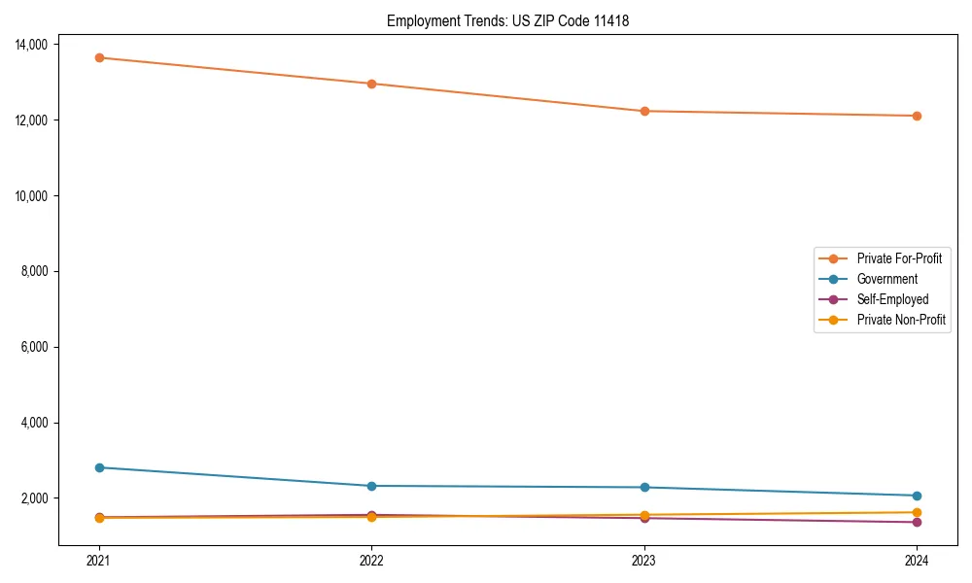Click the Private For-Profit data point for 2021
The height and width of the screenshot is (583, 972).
[x=99, y=57]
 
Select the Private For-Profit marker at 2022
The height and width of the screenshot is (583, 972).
[x=371, y=84]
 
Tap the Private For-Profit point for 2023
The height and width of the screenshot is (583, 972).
[x=644, y=111]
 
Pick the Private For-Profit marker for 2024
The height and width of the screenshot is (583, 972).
[x=917, y=116]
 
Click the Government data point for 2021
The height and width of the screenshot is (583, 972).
[x=99, y=467]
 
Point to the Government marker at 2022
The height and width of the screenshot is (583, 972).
[x=371, y=486]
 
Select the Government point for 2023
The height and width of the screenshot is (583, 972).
[x=644, y=488]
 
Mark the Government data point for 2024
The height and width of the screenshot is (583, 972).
[x=917, y=496]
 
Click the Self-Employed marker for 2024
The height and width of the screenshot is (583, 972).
[x=917, y=522]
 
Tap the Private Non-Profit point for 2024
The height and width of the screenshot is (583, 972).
[x=917, y=512]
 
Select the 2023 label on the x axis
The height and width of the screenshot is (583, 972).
[x=644, y=560]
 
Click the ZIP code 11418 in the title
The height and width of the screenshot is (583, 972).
[x=611, y=21]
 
